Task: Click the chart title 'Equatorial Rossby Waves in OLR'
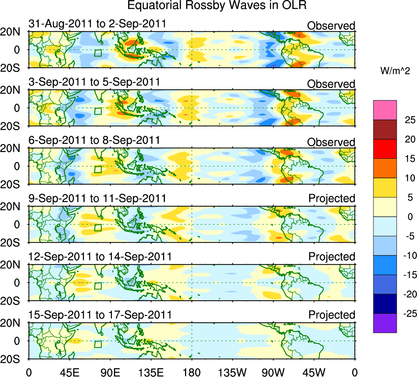(x=217, y=6)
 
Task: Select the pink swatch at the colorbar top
(x=385, y=110)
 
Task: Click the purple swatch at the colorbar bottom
(x=385, y=323)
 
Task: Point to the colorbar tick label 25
(x=409, y=120)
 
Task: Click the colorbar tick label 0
(x=409, y=217)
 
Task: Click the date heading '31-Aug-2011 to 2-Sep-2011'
(x=97, y=24)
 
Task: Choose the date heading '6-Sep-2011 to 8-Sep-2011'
(x=94, y=140)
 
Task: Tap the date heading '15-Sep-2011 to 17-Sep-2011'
(x=100, y=315)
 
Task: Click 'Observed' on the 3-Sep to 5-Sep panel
(x=331, y=84)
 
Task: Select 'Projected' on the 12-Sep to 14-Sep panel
(x=332, y=257)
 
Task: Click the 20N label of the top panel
(x=15, y=32)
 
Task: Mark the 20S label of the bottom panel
(x=15, y=359)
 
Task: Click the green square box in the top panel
(x=98, y=53)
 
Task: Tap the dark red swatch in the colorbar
(x=385, y=129)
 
